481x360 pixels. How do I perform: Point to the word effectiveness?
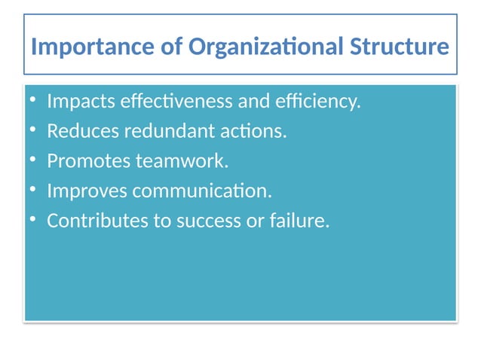pos(176,101)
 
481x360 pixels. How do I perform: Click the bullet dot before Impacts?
pos(33,101)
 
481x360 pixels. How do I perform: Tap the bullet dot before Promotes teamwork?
pos(33,161)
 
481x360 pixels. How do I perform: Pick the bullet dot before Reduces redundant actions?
pos(33,131)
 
